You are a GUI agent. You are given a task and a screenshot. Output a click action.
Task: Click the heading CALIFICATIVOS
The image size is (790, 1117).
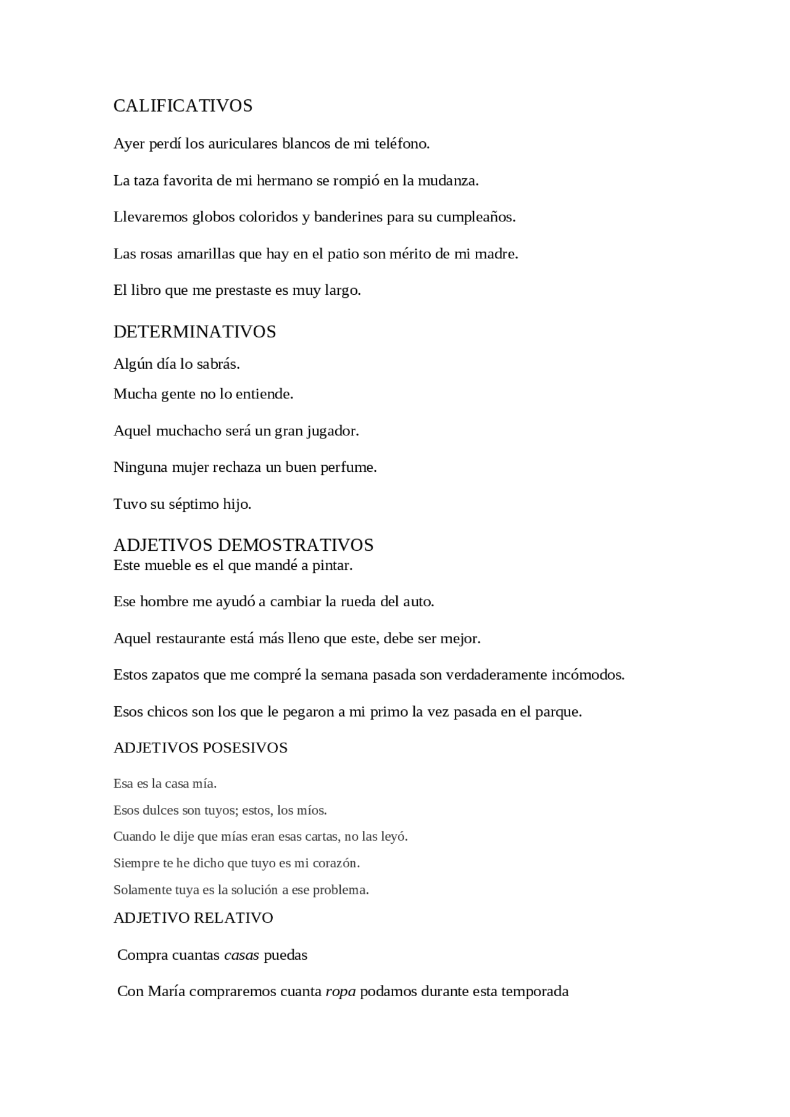point(183,106)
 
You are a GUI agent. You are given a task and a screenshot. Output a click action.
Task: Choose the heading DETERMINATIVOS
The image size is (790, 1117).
point(194,332)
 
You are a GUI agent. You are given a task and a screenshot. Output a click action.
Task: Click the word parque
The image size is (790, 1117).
point(558,712)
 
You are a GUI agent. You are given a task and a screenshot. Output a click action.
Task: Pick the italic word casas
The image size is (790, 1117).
point(241,955)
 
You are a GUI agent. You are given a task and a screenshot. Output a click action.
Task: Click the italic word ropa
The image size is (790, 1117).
point(341,992)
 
